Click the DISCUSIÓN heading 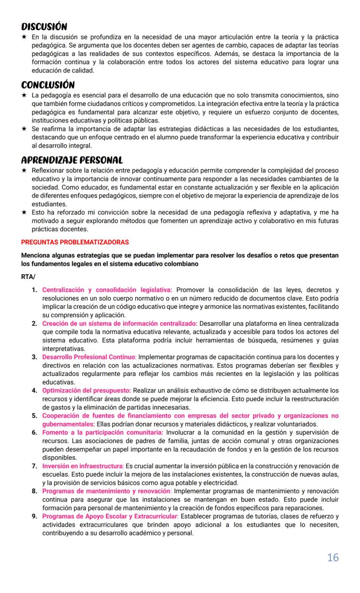point(44,27)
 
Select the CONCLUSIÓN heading point(48,84)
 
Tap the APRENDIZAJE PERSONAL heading point(72,160)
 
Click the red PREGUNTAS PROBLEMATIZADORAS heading point(75,242)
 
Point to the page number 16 point(333,557)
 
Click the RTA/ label point(29,276)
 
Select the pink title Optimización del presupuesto point(87,390)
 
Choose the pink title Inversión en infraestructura point(83,466)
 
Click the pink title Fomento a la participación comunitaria point(103,432)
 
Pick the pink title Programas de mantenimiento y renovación point(107,491)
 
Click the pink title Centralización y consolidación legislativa point(107,290)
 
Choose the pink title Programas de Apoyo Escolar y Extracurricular point(110,516)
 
